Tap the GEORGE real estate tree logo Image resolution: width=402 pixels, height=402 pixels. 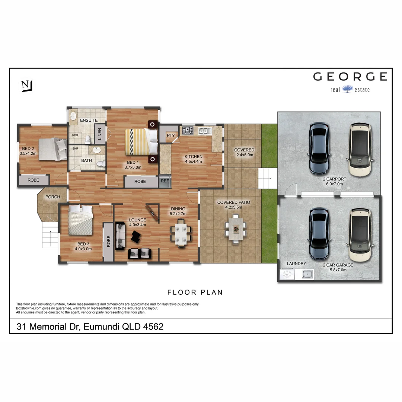click(x=347, y=89)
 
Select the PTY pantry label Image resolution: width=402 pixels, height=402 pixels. click(x=171, y=135)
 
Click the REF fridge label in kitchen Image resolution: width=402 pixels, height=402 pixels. click(x=164, y=182)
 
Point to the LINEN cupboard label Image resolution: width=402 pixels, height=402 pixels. click(x=99, y=134)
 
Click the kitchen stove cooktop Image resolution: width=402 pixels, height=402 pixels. click(x=187, y=130)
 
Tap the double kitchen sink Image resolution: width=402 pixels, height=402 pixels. click(x=205, y=130)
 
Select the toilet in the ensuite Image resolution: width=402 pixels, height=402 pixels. click(x=88, y=139)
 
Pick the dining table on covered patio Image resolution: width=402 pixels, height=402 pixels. click(x=235, y=229)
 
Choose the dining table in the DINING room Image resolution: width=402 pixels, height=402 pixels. click(x=181, y=233)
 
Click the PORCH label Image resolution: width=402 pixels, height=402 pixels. click(x=52, y=197)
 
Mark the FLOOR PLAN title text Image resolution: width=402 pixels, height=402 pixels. click(x=195, y=292)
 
